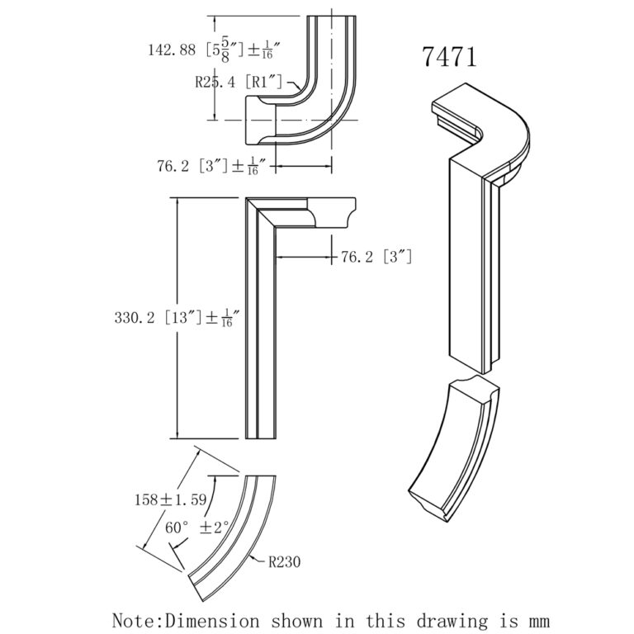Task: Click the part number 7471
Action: click(450, 57)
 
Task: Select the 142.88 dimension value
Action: click(170, 50)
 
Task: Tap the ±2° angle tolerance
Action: click(214, 526)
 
